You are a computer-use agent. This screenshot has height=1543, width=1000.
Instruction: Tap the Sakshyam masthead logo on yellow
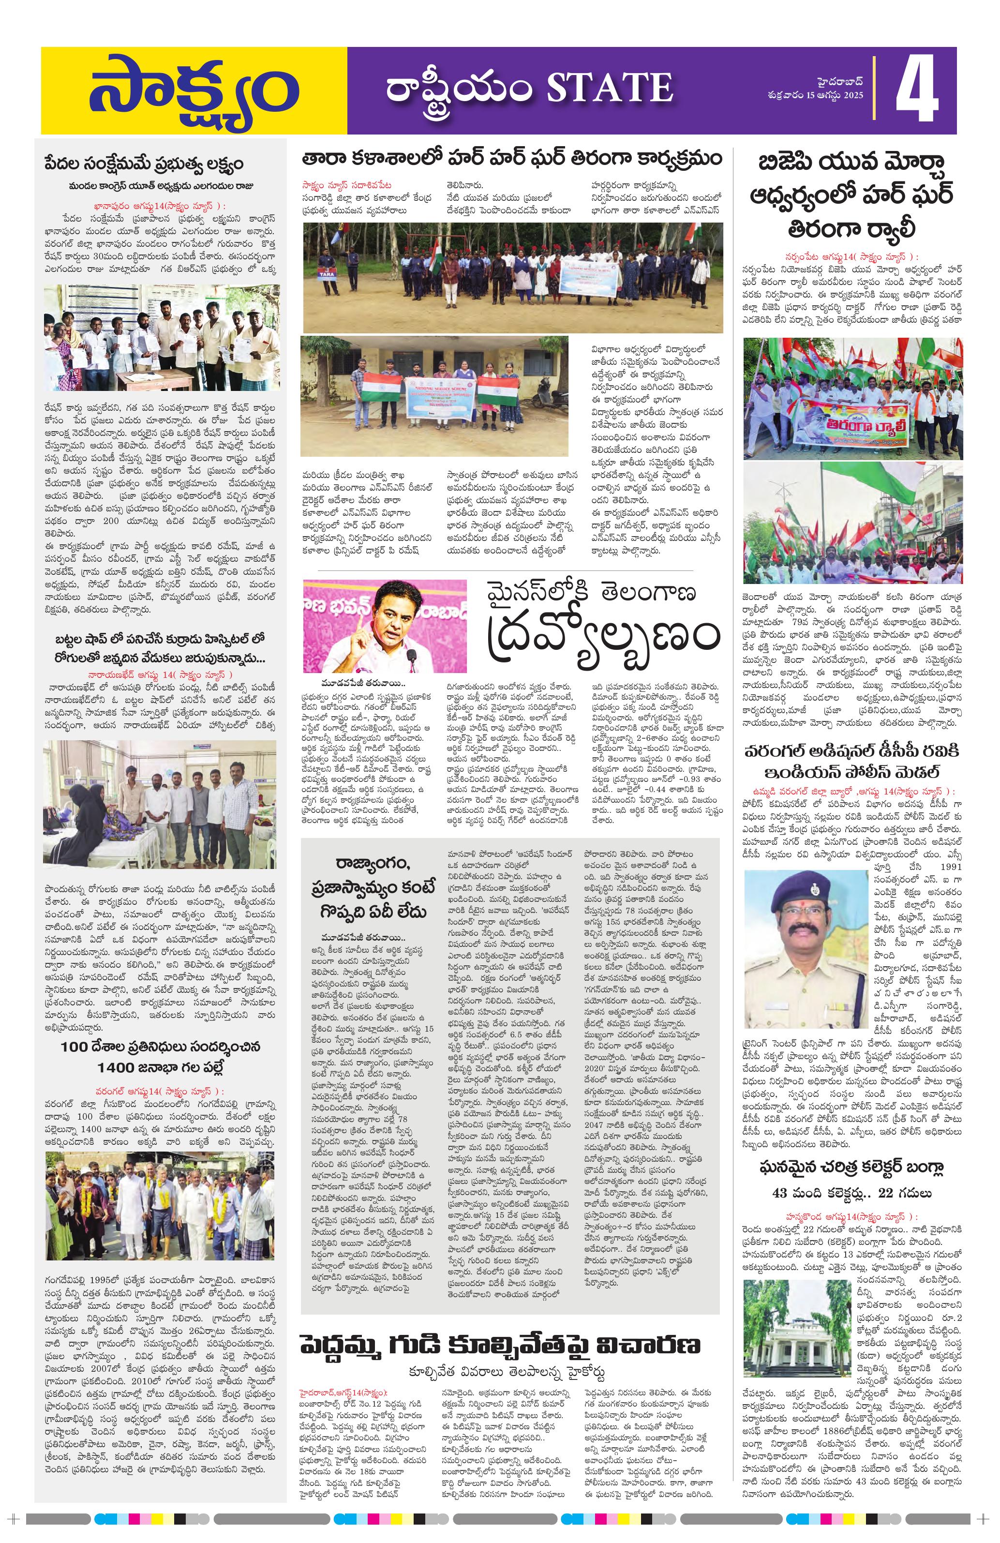coord(193,91)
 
